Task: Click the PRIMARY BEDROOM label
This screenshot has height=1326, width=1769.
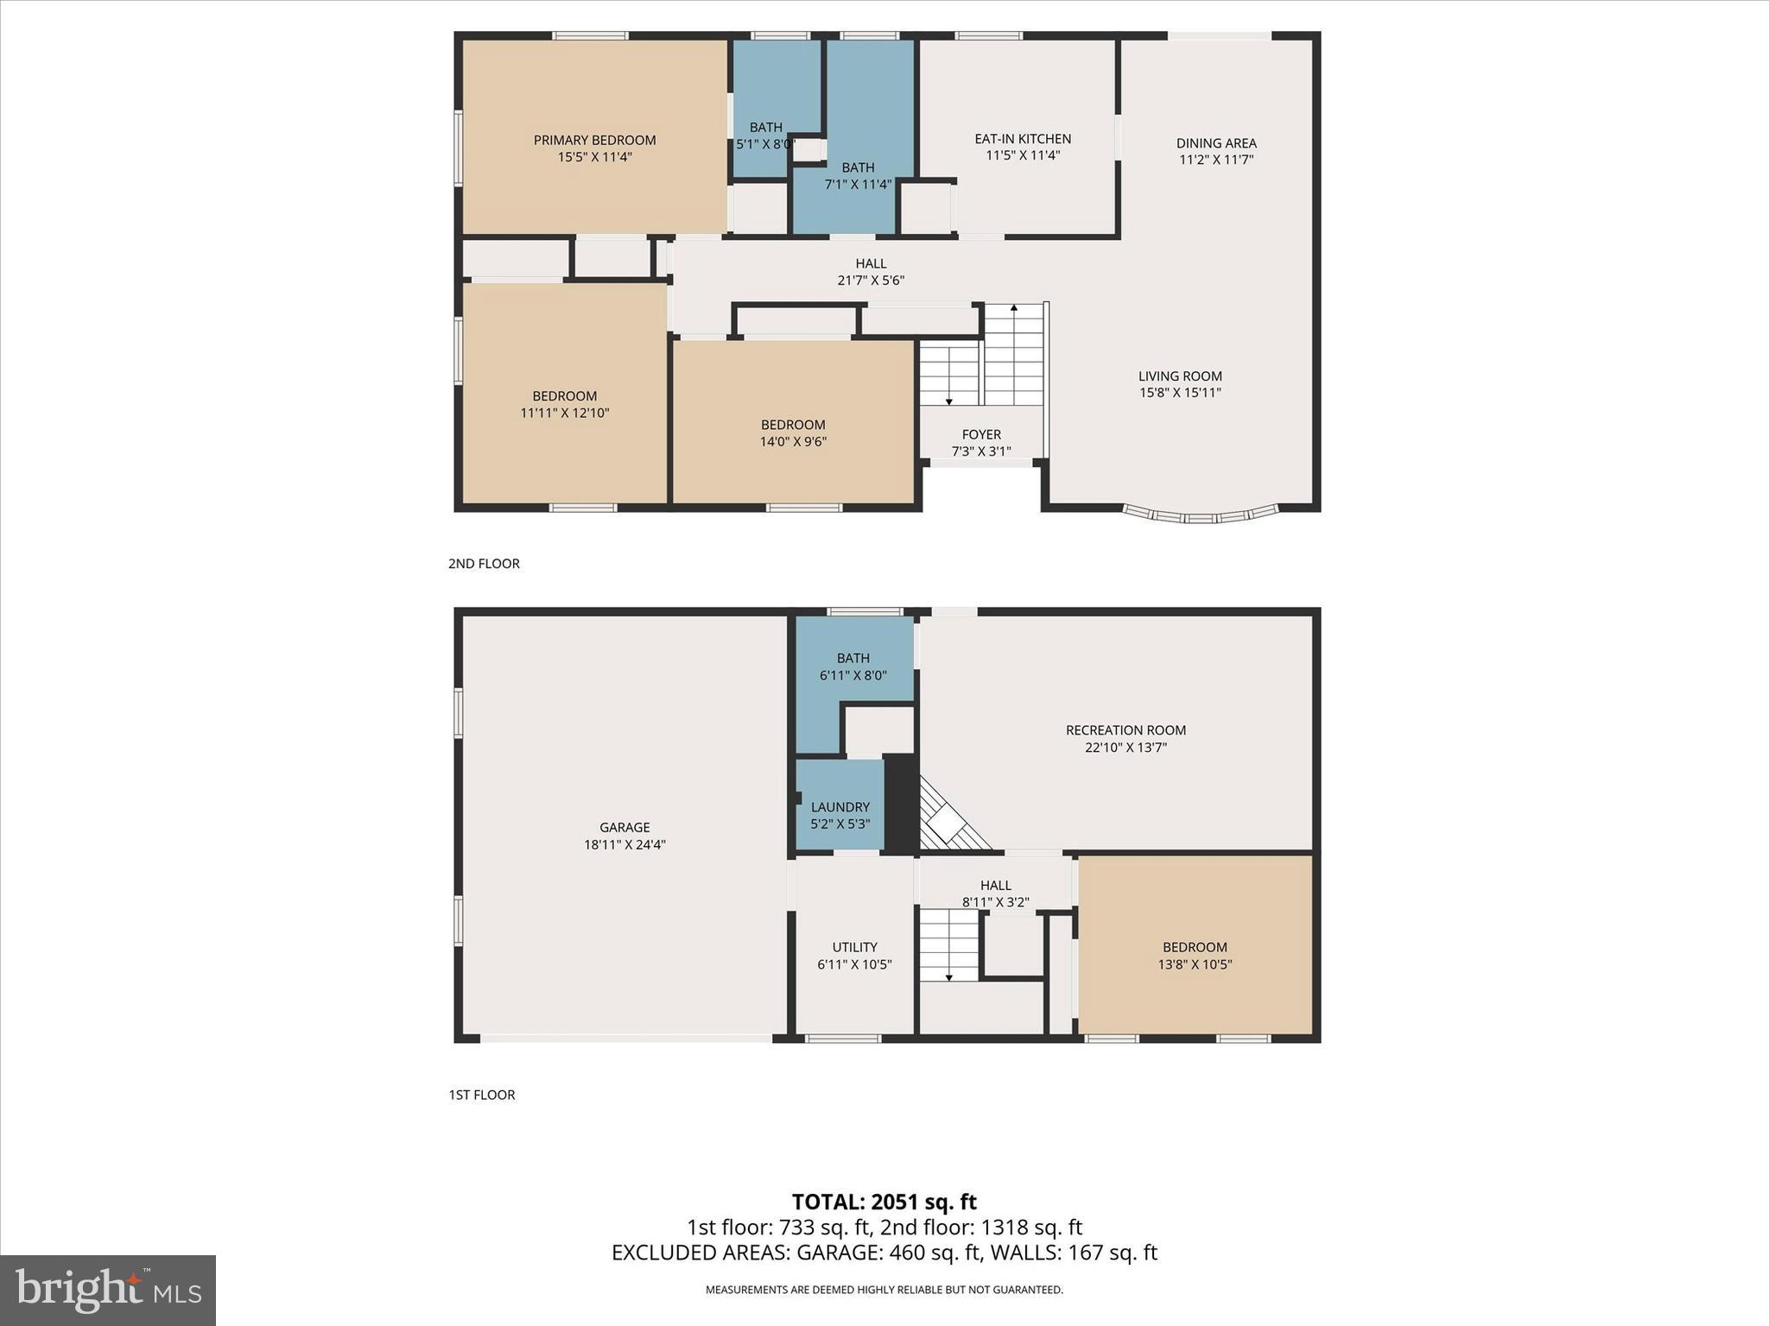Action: (x=594, y=140)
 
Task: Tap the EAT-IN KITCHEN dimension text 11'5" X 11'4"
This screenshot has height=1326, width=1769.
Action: (x=1023, y=155)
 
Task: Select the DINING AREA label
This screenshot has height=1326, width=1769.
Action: (x=1215, y=143)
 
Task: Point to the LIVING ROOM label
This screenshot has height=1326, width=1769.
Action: (x=1179, y=376)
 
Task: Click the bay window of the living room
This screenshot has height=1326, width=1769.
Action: (x=1201, y=517)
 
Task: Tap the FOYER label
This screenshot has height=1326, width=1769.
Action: (x=981, y=434)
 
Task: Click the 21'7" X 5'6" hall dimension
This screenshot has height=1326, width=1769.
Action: (x=871, y=281)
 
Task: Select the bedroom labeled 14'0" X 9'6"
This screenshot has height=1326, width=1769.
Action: (x=793, y=433)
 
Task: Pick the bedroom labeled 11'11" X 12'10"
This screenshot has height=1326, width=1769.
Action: (x=565, y=404)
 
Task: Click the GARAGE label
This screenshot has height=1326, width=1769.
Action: (x=625, y=827)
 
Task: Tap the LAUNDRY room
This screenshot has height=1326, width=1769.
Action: (x=840, y=807)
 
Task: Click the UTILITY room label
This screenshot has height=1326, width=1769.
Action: (x=854, y=947)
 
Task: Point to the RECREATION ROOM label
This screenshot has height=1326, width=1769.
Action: (x=1125, y=730)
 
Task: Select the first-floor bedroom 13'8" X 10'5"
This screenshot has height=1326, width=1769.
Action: (x=1195, y=955)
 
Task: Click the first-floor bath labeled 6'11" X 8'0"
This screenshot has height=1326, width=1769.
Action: (x=853, y=666)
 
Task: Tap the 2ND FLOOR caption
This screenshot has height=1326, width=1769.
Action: (x=484, y=564)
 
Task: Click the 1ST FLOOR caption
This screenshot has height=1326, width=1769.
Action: (x=482, y=1095)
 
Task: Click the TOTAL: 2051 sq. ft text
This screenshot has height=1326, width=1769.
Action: (x=884, y=1202)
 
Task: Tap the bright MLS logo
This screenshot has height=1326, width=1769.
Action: (x=108, y=1290)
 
